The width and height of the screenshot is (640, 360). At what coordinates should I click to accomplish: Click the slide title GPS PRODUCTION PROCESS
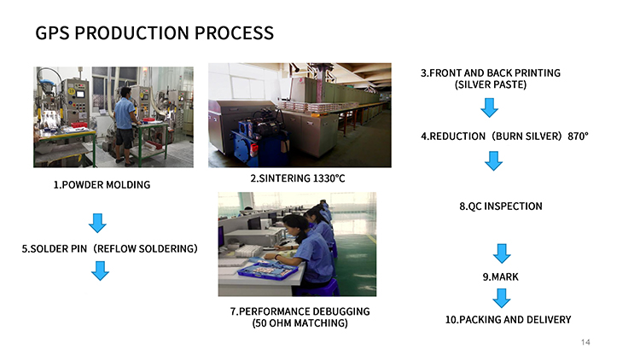pos(154,33)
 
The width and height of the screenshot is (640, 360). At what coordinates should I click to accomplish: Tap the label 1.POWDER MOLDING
pos(102,185)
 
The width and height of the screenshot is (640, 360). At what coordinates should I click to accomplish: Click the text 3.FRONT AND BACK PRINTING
pos(491,73)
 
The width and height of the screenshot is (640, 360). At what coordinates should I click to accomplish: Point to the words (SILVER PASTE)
pos(491,85)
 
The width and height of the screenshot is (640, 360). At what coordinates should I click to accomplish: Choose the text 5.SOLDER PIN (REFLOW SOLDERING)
pos(110,249)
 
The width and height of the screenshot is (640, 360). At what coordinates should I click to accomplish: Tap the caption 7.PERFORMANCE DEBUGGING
pos(300,311)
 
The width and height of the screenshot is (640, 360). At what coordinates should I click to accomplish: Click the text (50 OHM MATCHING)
pos(300,323)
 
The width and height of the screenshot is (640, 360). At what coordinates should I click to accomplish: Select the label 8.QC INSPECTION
pos(500,206)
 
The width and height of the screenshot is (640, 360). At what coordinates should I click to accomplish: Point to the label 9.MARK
pos(500,277)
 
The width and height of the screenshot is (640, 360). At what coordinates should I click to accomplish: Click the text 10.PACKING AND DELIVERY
pos(508,320)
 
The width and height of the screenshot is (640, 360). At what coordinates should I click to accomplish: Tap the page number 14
pos(585,342)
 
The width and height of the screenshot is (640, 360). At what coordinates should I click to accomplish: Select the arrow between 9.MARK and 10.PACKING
pos(502,298)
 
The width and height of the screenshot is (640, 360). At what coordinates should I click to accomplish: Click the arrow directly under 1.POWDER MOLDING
pos(98,224)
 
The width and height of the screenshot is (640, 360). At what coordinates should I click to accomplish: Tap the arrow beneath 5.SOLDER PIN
pos(100,270)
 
